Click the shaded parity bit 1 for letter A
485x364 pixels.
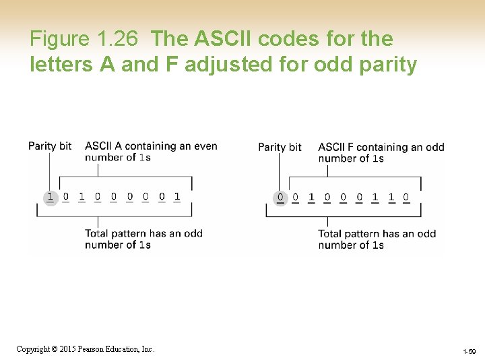[x=50, y=197]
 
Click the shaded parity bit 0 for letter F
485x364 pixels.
[x=280, y=198]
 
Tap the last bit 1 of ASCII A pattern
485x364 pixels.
[x=177, y=197]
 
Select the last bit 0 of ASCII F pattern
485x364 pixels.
[x=406, y=198]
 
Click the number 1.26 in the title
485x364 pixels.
[x=118, y=39]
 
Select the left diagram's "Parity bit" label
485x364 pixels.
[x=50, y=146]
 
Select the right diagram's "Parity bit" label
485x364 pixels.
[x=280, y=147]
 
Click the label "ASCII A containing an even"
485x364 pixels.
[x=151, y=146]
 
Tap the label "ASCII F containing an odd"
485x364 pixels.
[x=381, y=147]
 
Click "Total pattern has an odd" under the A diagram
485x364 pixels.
[x=143, y=233]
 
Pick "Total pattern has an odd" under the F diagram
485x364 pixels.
[x=377, y=234]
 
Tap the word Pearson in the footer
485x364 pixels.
[x=93, y=348]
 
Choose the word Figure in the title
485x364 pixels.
[x=59, y=39]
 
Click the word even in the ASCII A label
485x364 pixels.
[x=205, y=146]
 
